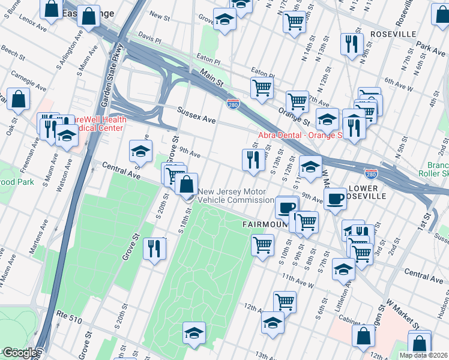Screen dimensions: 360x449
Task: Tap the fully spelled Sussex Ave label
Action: click(196, 114)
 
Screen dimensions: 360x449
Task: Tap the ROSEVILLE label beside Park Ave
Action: click(393, 33)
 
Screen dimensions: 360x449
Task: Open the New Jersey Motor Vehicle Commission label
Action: click(236, 196)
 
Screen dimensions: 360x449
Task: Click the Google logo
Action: click(19, 353)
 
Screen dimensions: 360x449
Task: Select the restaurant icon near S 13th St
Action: click(252, 160)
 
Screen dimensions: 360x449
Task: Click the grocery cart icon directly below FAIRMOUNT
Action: click(262, 245)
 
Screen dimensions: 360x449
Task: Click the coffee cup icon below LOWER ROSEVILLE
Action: click(336, 197)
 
